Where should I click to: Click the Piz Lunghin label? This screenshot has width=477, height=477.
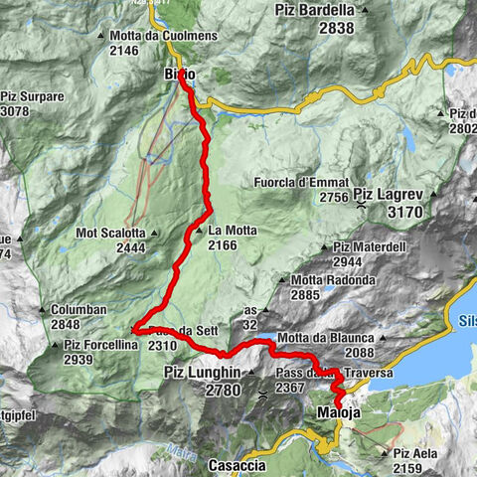pos(201,372)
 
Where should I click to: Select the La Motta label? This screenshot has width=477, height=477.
pos(234,231)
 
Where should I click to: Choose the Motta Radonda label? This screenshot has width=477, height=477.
pos(334,280)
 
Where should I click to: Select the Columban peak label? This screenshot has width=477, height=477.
pos(80,310)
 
